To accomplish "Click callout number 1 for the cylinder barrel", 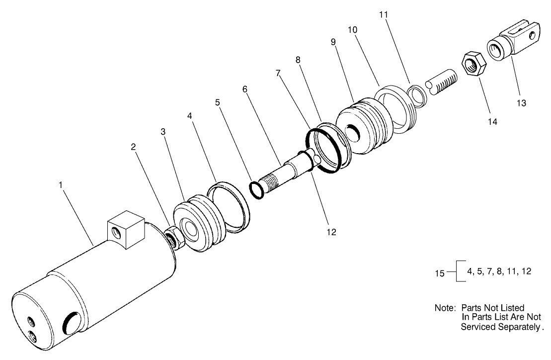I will tap(60, 185).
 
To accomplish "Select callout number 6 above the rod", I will tap(245, 89).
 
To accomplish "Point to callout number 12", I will tap(331, 232).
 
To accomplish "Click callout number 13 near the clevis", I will tap(521, 103).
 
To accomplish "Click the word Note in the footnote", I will tap(445, 308).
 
